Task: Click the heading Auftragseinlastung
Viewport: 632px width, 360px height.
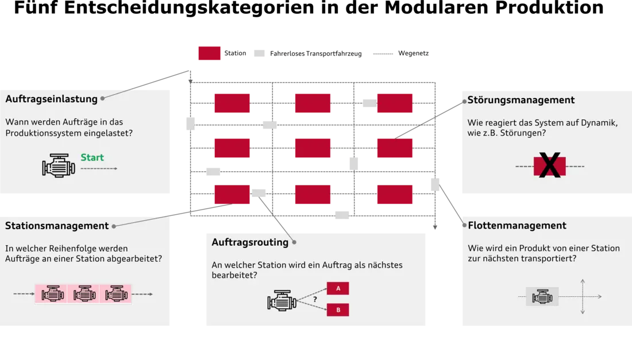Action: pyautogui.click(x=51, y=99)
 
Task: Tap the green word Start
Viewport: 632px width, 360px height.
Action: pyautogui.click(x=92, y=157)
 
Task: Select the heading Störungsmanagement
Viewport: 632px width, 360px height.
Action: pyautogui.click(x=521, y=100)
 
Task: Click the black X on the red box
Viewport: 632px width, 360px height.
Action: pyautogui.click(x=550, y=166)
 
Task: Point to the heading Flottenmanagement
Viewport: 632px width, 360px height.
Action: pyautogui.click(x=517, y=226)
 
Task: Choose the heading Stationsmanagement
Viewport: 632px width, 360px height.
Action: pyautogui.click(x=57, y=226)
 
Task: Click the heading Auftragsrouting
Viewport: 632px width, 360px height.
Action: pyautogui.click(x=250, y=242)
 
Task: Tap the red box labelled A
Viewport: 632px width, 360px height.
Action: pyautogui.click(x=338, y=288)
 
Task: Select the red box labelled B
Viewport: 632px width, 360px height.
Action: pyautogui.click(x=338, y=310)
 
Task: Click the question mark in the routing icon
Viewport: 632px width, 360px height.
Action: pyautogui.click(x=315, y=299)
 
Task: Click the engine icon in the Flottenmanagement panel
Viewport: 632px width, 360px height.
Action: pyautogui.click(x=542, y=297)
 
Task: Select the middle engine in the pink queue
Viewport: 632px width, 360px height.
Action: pyautogui.click(x=84, y=294)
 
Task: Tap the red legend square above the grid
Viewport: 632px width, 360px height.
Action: pyautogui.click(x=210, y=53)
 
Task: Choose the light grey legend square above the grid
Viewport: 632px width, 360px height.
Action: pyautogui.click(x=260, y=53)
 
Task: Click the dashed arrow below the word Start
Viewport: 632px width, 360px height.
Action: pyautogui.click(x=98, y=169)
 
